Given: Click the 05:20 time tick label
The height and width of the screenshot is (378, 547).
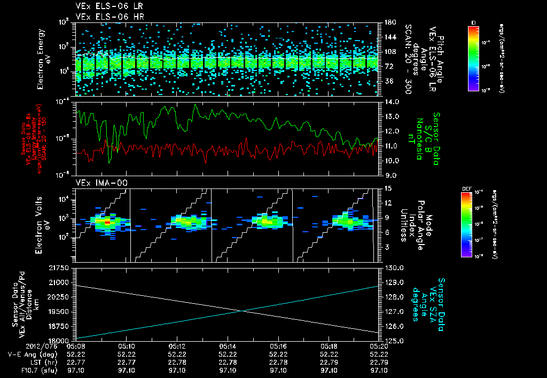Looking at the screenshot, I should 379,346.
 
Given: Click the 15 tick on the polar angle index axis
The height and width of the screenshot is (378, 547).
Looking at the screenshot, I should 387,188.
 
